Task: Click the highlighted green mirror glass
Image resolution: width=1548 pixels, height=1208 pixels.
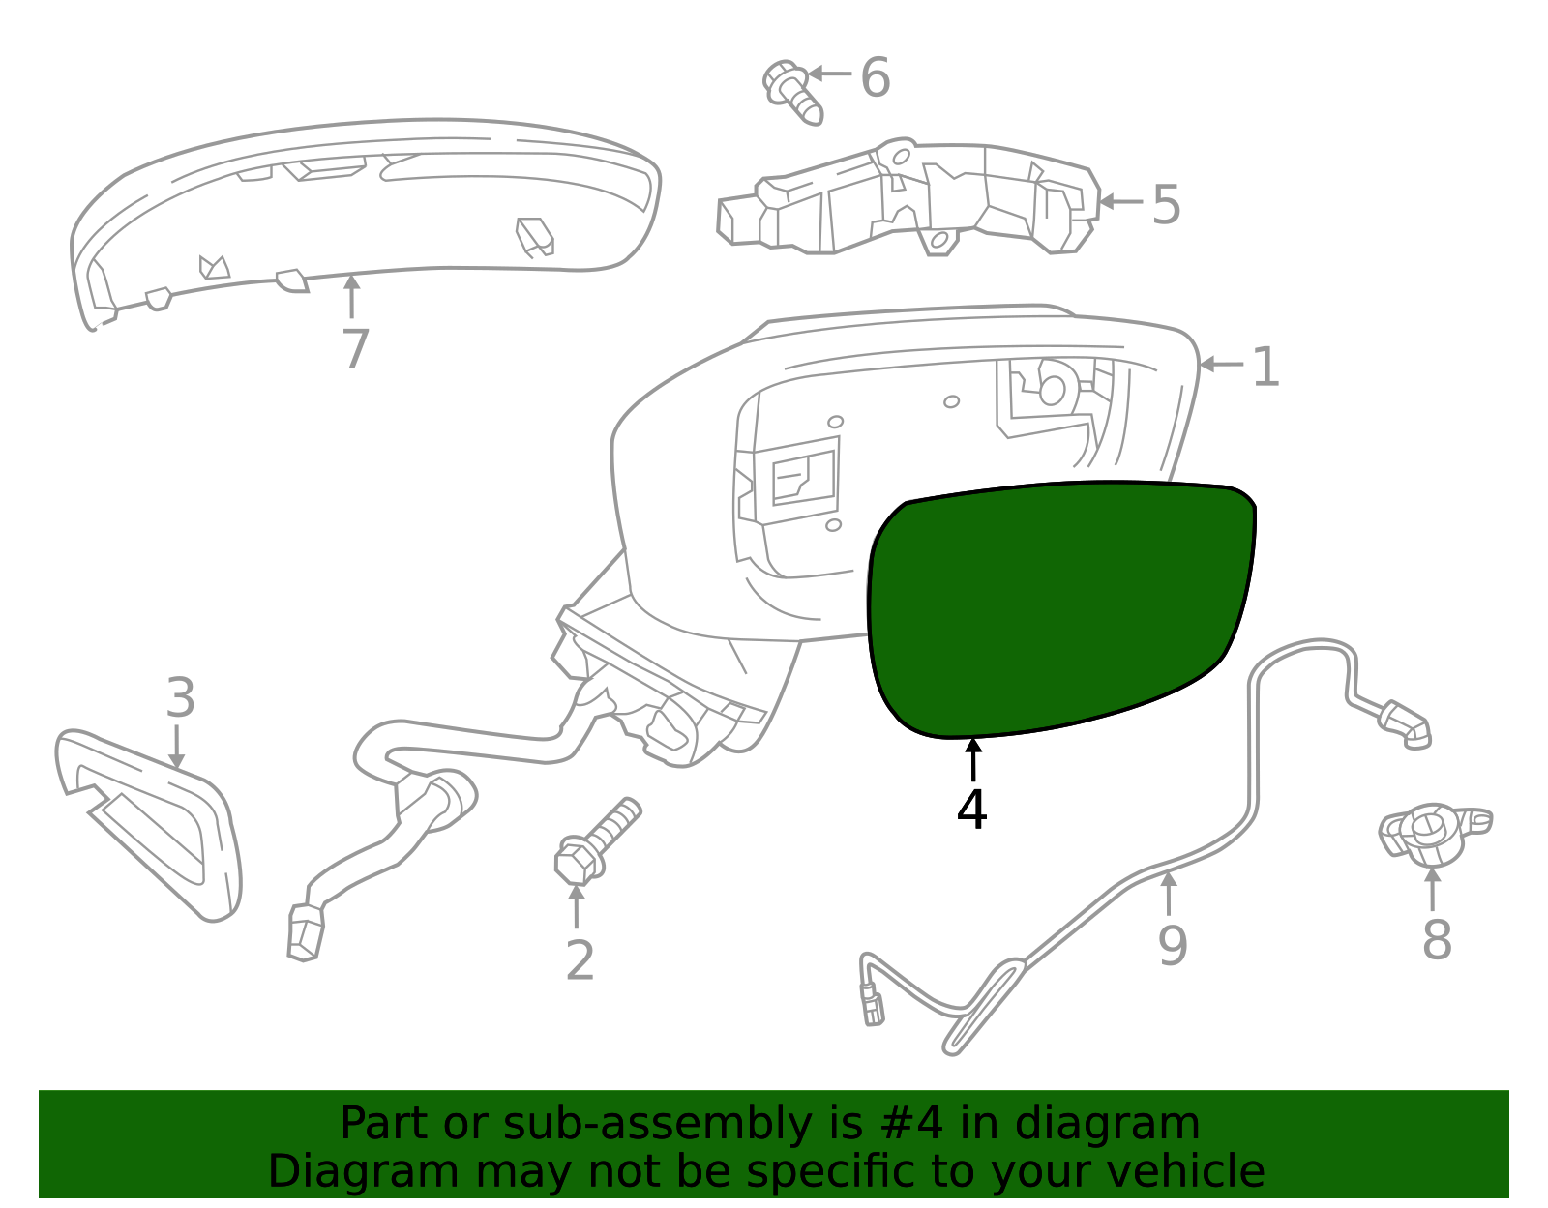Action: click(x=1061, y=608)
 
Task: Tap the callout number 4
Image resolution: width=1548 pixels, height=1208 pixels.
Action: click(x=971, y=810)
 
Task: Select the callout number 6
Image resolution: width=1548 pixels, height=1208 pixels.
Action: click(x=876, y=76)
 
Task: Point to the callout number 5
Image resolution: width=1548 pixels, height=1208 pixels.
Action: click(x=1166, y=205)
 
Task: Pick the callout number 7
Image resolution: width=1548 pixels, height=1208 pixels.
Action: click(x=355, y=349)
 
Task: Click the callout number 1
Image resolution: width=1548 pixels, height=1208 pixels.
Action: click(x=1265, y=367)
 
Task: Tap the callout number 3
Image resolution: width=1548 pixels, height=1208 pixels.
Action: click(x=180, y=697)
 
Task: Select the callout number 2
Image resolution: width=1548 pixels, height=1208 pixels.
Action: click(x=580, y=960)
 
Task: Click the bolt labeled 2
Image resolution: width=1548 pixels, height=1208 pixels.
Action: click(x=597, y=842)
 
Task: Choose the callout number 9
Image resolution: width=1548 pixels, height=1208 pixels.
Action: click(x=1173, y=945)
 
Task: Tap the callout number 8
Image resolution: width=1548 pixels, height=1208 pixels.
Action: click(x=1437, y=940)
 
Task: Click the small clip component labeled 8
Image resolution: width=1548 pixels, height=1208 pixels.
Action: click(x=1433, y=835)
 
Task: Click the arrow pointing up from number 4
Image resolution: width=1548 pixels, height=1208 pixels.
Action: click(x=973, y=760)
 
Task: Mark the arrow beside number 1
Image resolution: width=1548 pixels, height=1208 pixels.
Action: click(x=1221, y=364)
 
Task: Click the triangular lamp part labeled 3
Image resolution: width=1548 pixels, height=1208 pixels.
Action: click(x=148, y=826)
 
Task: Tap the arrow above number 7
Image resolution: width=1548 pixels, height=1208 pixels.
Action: click(x=352, y=296)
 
